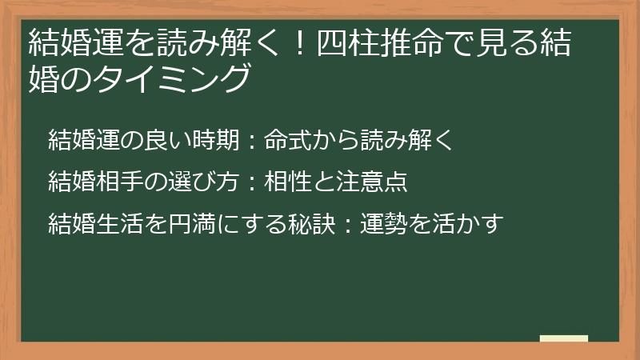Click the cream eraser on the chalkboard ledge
[564, 338]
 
